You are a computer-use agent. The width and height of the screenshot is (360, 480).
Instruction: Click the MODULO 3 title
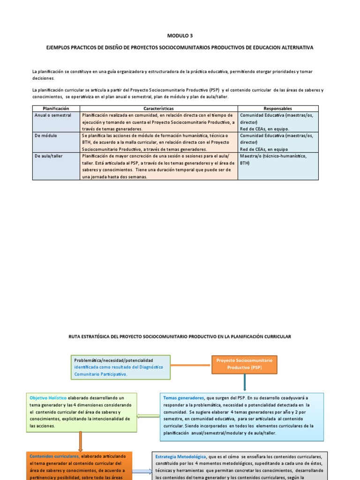point(180,35)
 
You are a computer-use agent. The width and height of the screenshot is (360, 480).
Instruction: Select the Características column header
point(158,108)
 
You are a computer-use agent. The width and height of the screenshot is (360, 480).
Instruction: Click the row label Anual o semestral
point(52,115)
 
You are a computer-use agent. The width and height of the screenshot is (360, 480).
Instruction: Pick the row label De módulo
point(45,135)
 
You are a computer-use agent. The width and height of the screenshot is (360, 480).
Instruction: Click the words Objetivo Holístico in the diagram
point(48,397)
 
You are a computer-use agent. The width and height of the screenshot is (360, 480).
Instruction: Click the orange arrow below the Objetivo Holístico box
point(81,442)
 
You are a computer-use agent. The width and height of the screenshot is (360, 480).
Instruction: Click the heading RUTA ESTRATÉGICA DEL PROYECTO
point(180,337)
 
